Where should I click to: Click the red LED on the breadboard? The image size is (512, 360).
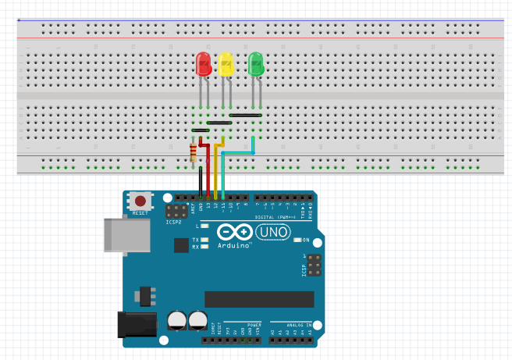(x=204, y=64)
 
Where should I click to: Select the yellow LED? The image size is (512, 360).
(x=226, y=64)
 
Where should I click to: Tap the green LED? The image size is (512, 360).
(x=255, y=64)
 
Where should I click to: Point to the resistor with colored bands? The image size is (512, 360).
(x=194, y=152)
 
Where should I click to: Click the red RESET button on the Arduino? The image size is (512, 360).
(x=140, y=201)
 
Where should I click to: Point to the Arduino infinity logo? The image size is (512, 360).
(x=233, y=232)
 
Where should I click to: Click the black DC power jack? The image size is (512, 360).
(x=133, y=325)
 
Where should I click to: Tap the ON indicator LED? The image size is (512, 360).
(x=297, y=240)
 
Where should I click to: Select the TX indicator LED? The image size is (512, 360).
(x=205, y=240)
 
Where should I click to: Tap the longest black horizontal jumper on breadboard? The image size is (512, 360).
(x=245, y=115)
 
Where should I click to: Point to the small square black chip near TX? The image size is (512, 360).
(x=181, y=245)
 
